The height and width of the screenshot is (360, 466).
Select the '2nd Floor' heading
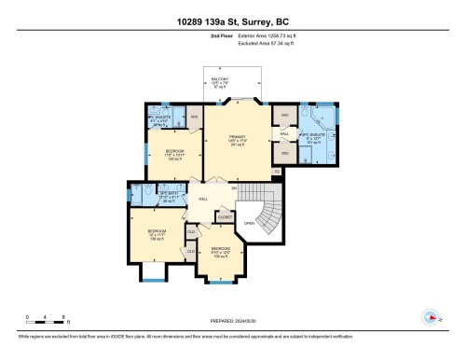233,35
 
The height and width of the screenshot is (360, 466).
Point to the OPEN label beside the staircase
249,224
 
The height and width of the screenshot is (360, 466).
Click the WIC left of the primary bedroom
195,117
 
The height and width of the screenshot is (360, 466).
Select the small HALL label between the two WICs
284,132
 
